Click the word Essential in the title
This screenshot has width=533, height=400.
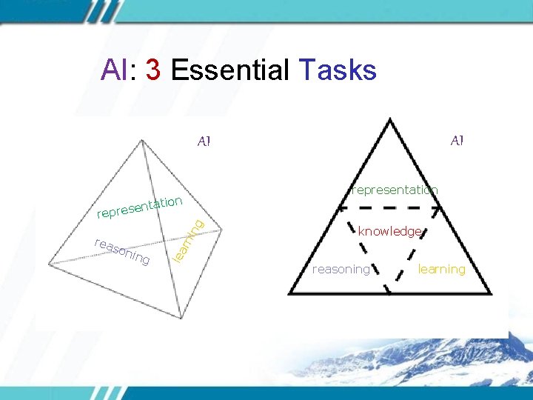coord(230,70)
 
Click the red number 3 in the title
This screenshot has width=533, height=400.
coord(154,70)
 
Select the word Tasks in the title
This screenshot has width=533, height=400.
coord(338,70)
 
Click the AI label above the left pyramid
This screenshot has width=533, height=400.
coord(204,141)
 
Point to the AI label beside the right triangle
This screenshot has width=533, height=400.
coord(457,140)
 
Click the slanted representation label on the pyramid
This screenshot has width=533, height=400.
coord(140,207)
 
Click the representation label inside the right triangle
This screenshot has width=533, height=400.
coord(395,190)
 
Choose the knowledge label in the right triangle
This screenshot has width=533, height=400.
coord(390,232)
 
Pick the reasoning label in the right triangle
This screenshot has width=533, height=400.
coord(341,269)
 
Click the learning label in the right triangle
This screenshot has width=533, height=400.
coord(441,269)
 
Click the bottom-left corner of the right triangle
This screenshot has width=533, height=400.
coord(289,294)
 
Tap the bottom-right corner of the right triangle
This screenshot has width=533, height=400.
coord(491,294)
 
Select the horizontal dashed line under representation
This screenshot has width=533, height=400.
coord(390,207)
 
